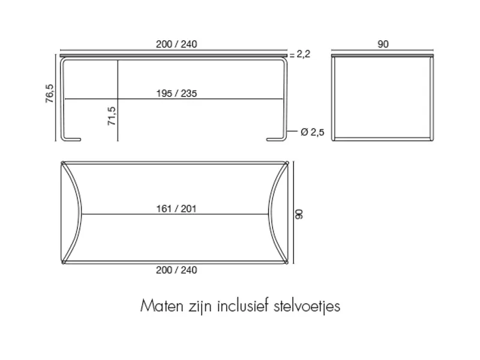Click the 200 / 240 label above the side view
[176, 44]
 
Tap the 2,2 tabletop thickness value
[304, 54]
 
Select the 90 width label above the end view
[383, 44]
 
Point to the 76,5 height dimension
[49, 94]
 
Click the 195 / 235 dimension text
[176, 94]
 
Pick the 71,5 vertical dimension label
[112, 116]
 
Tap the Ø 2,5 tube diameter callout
[312, 132]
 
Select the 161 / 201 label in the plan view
[176, 209]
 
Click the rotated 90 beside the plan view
[299, 214]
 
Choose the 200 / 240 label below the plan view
[176, 270]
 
